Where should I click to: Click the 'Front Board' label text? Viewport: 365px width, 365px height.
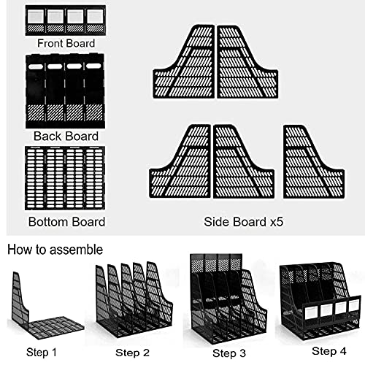click(66, 44)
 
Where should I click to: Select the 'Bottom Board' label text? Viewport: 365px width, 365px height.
click(66, 221)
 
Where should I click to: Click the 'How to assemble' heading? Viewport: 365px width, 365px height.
click(55, 249)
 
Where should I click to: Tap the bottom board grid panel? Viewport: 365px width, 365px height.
click(64, 179)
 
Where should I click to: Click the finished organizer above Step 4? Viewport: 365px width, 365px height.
click(320, 299)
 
